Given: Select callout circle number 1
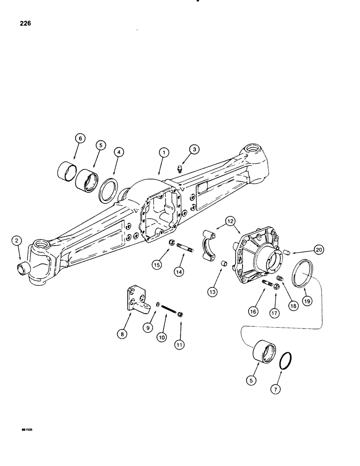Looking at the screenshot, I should coord(163,152).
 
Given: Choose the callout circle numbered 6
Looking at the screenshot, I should coord(80,138).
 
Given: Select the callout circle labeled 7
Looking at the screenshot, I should coord(275,390).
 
